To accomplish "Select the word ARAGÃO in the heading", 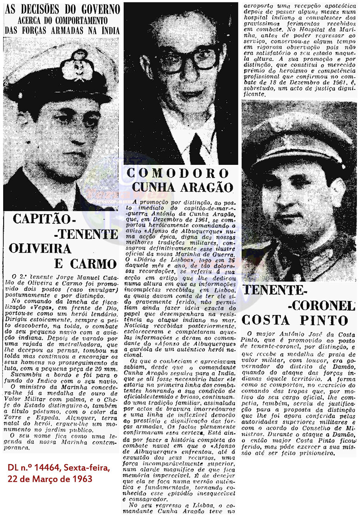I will pyautogui.click(x=209, y=187).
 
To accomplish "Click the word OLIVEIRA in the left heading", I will pyautogui.click(x=40, y=248).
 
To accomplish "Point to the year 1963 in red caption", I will pyautogui.click(x=82, y=478).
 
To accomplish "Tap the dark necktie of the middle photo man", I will pyautogui.click(x=196, y=148).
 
